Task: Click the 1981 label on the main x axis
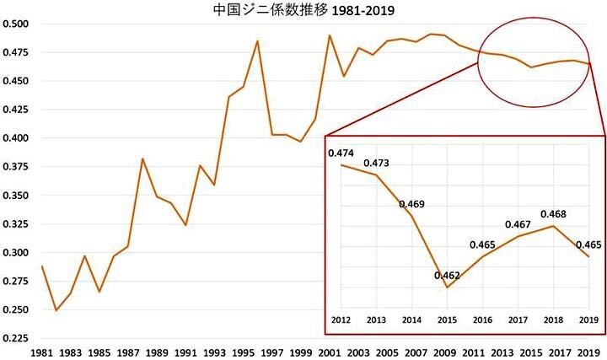(43, 350)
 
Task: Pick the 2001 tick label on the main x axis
(330, 350)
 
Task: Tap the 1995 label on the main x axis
(244, 350)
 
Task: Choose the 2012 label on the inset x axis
(340, 321)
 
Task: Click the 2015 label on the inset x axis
(447, 321)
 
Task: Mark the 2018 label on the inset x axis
(553, 321)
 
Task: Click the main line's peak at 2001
(330, 35)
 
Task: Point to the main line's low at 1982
(56, 310)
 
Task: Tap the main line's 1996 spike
(257, 40)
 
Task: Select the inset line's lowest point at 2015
(447, 287)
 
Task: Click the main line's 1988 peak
(142, 159)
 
